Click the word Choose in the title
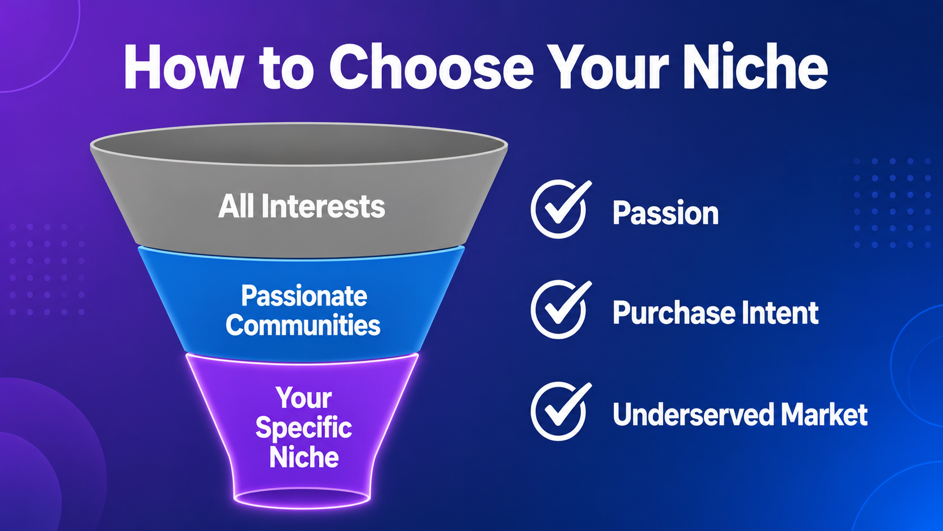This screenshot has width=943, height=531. point(431,68)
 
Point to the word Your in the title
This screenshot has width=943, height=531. point(611,68)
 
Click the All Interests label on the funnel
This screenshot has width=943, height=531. point(301,206)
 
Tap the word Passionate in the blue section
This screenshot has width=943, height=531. point(304,296)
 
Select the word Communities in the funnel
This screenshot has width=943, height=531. point(303,325)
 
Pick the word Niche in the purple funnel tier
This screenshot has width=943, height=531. point(304,457)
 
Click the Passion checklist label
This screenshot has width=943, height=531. point(666,213)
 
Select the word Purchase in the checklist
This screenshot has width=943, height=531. point(673,313)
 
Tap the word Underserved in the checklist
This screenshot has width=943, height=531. point(693,414)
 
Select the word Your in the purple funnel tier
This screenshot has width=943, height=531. point(303,398)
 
